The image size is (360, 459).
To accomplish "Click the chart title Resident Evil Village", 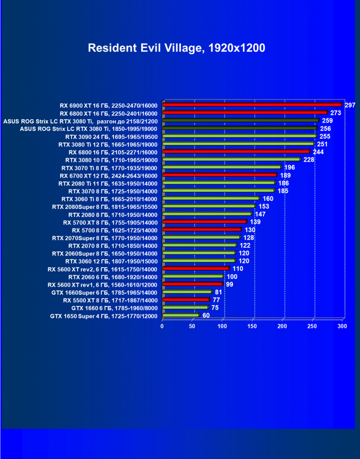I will [x=176, y=48].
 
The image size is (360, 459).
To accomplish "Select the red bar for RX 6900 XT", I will [x=252, y=105].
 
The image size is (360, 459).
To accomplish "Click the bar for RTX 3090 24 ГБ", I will [x=240, y=136].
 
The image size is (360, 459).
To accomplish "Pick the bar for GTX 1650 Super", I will [x=181, y=315].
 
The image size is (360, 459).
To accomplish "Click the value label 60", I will [x=206, y=316].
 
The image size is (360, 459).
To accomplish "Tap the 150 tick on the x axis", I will [x=252, y=326].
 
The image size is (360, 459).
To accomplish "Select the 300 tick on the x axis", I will [x=342, y=326].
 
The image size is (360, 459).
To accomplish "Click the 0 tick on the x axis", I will [x=162, y=326].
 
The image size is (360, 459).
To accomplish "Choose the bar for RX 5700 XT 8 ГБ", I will [x=204, y=222].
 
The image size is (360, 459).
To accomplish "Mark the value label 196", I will [x=290, y=167].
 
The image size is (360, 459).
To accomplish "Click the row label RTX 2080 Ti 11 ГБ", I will [x=108, y=183].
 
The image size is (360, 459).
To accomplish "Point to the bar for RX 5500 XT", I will [x=186, y=299].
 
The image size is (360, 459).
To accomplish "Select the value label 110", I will [x=238, y=268].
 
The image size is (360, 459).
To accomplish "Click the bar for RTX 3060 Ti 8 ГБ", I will [x=211, y=198].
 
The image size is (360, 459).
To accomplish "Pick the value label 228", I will [x=309, y=160].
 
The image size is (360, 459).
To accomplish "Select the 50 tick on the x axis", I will [x=192, y=326].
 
